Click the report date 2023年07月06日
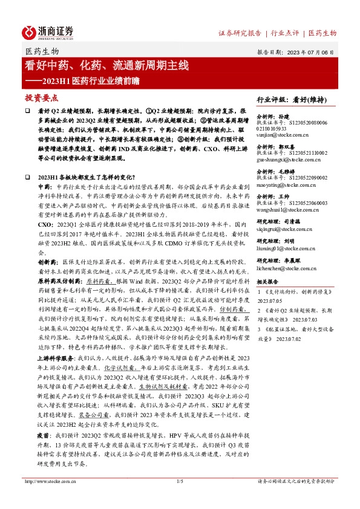click(312, 53)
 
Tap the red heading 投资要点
click(41, 97)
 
